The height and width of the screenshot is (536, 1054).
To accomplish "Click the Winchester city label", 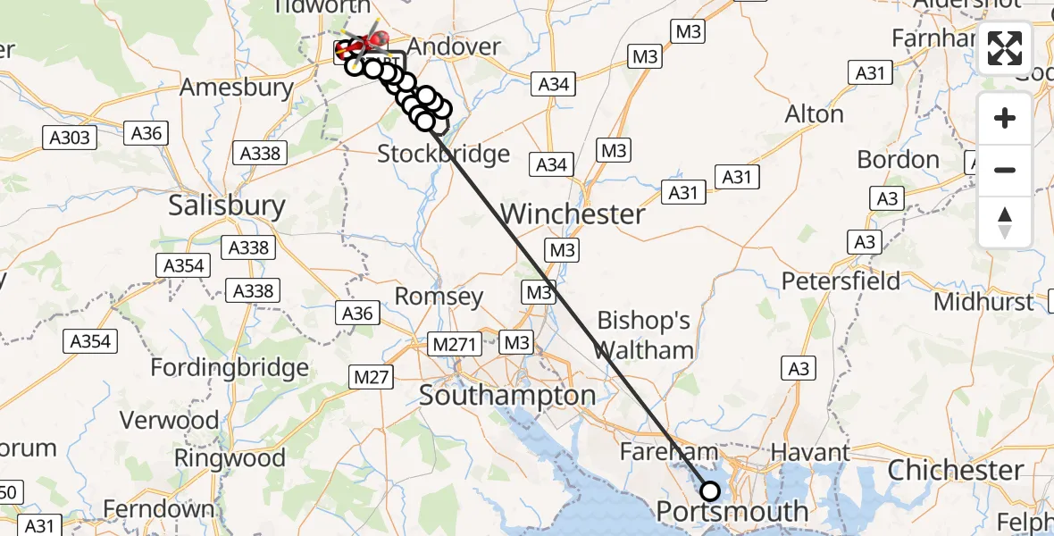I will coord(573,214).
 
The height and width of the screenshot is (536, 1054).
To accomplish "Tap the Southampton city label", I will coord(507,395).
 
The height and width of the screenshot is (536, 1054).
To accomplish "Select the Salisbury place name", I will coord(227,206).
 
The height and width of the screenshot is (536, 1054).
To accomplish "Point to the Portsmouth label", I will coord(732,512).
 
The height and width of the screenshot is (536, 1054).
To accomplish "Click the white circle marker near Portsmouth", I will coord(710,490).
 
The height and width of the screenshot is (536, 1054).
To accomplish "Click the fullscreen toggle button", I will coord(1005,49).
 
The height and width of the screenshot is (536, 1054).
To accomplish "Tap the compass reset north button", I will coord(1005,222).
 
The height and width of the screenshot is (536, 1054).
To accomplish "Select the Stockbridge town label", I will coord(443,154).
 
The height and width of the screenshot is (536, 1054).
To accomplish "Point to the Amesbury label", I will coord(236,88).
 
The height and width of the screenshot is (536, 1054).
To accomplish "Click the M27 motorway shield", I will coord(372,377).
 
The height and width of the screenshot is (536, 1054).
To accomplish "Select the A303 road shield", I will coord(68,137).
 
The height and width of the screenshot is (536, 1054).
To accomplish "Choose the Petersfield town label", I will coord(841,281).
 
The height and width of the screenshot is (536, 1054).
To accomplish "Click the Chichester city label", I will coord(956,470).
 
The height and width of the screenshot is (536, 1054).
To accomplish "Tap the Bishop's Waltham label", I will coord(644,335).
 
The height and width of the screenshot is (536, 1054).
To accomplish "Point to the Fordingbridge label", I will coord(230,367).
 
